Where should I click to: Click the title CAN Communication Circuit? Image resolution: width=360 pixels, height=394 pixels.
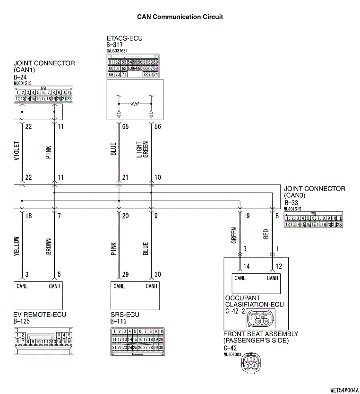tap(180, 17)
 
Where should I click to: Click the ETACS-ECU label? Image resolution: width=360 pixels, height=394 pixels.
tap(125, 38)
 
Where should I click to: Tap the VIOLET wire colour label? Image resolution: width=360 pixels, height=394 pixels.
tap(17, 151)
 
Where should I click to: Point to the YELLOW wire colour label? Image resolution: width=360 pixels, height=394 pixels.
tap(17, 247)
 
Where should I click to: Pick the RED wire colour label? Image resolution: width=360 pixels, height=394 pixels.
tap(266, 234)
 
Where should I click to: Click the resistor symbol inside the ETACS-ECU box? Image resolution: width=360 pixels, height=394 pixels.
tap(135, 103)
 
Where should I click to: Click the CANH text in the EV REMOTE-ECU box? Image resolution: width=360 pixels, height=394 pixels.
tap(55, 286)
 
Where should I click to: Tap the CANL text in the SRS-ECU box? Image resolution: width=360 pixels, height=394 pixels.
tap(119, 286)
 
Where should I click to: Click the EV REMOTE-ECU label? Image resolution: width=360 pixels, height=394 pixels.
tap(40, 315)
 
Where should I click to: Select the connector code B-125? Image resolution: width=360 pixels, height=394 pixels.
tap(23, 322)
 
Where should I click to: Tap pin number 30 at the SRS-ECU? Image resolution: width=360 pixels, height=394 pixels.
tap(158, 274)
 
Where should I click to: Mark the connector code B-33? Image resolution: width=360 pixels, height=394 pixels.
tap(293, 202)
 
